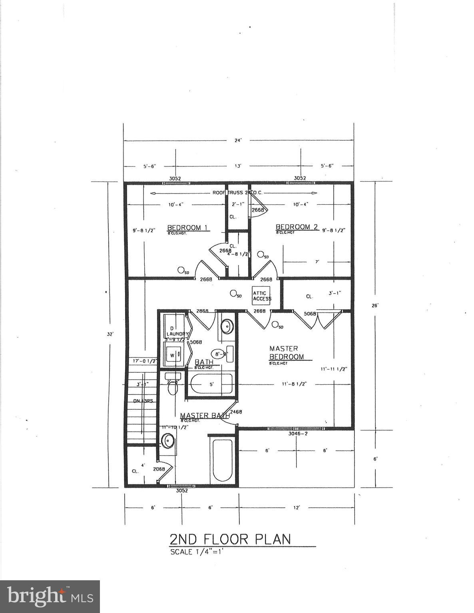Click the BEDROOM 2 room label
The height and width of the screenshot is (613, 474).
297,227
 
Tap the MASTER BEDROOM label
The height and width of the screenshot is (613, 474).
286,353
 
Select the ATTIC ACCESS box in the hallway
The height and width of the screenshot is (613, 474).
262,296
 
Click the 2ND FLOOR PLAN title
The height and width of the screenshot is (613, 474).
230,539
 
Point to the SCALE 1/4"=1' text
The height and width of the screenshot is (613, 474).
199,552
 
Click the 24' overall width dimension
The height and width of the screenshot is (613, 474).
239,140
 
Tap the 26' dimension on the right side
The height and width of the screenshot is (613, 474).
375,306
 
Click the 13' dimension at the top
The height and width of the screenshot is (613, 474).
238,166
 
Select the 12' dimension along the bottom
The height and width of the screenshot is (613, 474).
297,508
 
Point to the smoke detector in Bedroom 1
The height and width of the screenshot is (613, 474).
181,270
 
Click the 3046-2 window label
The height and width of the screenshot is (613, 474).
298,433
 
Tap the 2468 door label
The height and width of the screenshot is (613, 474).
236,412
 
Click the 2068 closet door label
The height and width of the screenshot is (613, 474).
159,469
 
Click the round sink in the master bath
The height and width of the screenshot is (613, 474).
167,441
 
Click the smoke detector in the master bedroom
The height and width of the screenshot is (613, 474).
275,324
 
